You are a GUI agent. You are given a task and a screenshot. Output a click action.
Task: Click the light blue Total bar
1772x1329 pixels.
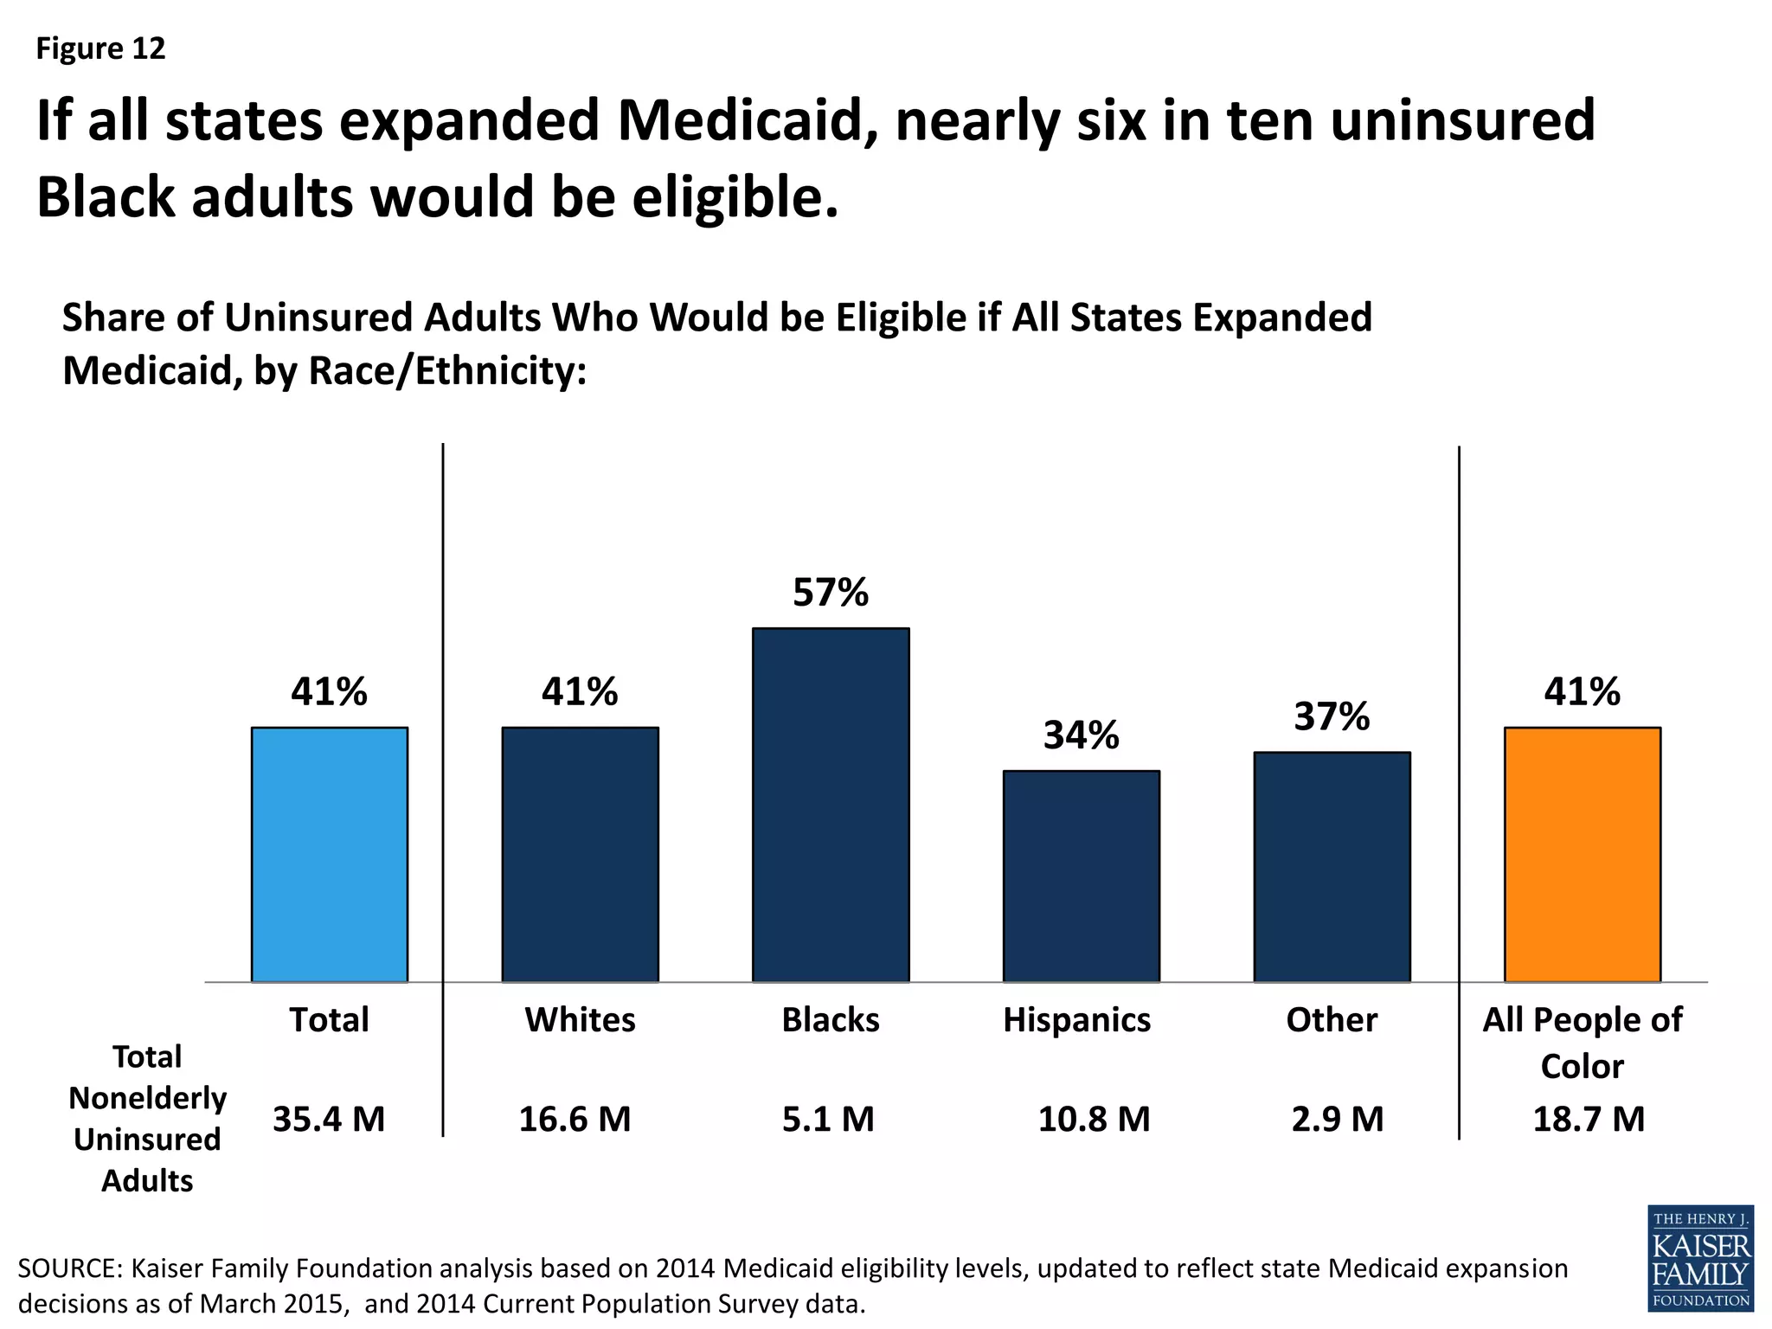tap(329, 854)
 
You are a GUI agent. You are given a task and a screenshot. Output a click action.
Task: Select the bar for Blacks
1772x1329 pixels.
tap(831, 805)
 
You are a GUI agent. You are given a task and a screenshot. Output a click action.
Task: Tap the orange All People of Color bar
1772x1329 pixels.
tap(1582, 854)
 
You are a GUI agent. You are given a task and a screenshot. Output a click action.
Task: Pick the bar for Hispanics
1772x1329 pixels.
tap(1081, 876)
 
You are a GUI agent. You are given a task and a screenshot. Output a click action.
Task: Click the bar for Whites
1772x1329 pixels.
tap(580, 854)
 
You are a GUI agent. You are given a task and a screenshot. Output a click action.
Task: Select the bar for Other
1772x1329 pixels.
tap(1332, 866)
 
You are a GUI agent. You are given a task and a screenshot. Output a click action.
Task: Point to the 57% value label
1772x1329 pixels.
tap(831, 593)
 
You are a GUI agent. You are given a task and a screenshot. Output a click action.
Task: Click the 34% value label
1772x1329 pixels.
tap(1081, 735)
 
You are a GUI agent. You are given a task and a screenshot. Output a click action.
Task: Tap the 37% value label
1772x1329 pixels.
tap(1332, 716)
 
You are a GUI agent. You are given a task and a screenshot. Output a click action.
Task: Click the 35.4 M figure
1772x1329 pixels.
tap(329, 1119)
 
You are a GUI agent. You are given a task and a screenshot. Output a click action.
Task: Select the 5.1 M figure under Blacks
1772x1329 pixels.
tap(828, 1119)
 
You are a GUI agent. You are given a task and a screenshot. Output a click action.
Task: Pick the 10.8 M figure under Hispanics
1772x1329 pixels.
tap(1094, 1119)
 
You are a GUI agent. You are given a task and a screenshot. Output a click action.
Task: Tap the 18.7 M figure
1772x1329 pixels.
tap(1589, 1119)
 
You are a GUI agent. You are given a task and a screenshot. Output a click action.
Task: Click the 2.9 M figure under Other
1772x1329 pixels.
tap(1338, 1119)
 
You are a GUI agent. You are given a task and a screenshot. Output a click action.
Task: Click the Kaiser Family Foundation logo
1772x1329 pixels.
tap(1700, 1257)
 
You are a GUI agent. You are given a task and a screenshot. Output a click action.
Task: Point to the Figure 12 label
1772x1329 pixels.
tap(100, 48)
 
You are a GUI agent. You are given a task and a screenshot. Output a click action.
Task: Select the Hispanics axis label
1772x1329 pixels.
tap(1076, 1019)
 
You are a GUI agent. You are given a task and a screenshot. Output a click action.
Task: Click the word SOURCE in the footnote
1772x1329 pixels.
tap(70, 1268)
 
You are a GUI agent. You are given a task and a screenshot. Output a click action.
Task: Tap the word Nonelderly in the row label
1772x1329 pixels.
tap(147, 1098)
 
